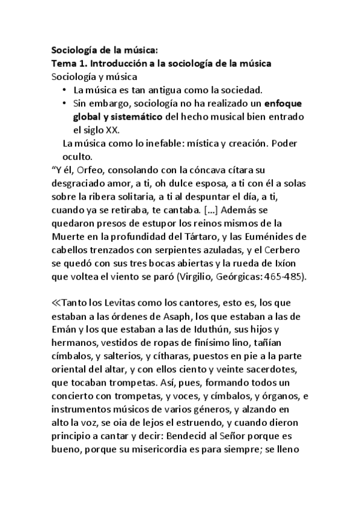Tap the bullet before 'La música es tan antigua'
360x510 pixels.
coord(65,90)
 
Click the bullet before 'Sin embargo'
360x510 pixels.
coord(65,103)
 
